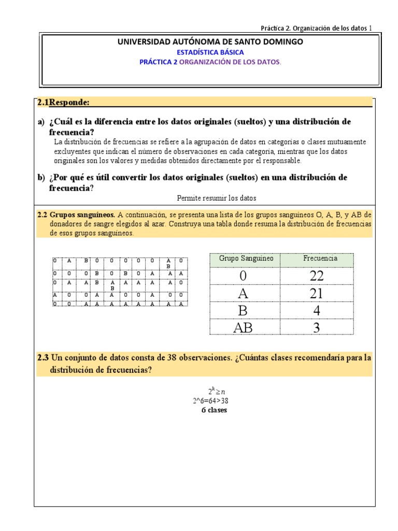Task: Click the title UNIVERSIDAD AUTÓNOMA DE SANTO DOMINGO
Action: (x=210, y=41)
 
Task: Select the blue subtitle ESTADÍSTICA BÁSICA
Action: (x=210, y=52)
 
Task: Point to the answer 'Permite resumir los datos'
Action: (x=217, y=198)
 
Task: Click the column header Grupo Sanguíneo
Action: (x=246, y=258)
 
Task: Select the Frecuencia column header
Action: (x=320, y=258)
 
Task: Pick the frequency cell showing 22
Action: (x=316, y=276)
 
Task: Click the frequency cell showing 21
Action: (x=316, y=294)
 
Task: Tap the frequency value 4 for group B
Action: (x=316, y=311)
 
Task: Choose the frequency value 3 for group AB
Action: (x=316, y=327)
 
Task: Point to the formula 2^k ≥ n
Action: (x=210, y=392)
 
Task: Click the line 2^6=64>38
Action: (x=210, y=401)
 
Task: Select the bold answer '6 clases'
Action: (x=214, y=410)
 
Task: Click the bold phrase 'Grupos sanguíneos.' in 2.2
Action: (x=82, y=215)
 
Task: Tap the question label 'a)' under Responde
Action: (x=41, y=122)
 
